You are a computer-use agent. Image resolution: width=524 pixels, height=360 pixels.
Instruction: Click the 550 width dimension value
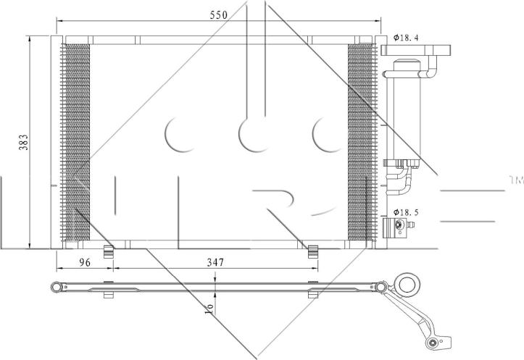[219, 15]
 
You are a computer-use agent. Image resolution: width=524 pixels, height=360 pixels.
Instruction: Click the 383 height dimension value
[23, 142]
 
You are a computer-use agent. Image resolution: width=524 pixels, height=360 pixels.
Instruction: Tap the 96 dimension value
[85, 262]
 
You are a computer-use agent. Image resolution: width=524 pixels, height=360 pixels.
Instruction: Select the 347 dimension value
[215, 262]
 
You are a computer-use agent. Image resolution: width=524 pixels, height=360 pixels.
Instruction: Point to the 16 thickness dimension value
[210, 306]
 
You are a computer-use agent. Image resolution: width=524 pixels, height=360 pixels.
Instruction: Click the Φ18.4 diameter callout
[406, 38]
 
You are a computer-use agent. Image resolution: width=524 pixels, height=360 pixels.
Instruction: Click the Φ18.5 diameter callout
[406, 212]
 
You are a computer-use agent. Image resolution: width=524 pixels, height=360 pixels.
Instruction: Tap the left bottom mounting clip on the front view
[109, 251]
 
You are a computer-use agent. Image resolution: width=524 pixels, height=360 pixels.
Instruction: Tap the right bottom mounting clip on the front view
[313, 251]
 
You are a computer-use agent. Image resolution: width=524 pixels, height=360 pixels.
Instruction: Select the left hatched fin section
[76, 142]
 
